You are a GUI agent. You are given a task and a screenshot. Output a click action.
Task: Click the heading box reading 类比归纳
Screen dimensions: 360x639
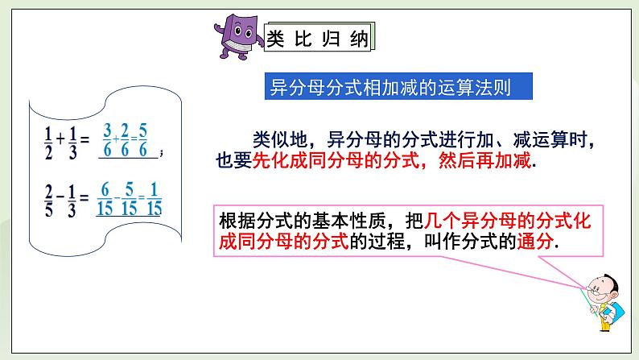click(319, 40)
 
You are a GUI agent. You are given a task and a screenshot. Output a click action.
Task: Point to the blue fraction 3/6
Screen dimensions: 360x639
click(107, 138)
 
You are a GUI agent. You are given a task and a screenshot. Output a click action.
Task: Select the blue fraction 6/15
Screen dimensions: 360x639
click(103, 197)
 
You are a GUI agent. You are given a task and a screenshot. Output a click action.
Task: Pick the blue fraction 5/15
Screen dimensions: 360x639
click(129, 197)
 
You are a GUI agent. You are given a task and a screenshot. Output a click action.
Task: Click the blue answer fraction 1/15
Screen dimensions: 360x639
click(155, 197)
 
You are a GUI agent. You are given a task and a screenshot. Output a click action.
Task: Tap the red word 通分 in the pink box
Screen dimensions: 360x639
click(540, 241)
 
